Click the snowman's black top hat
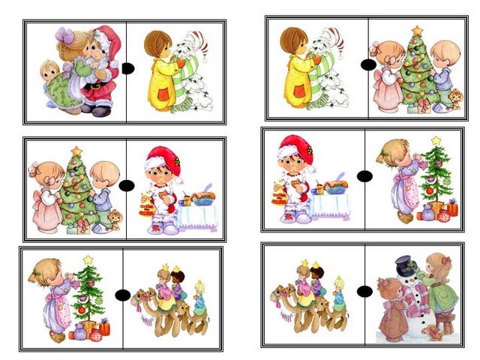tap(404, 265)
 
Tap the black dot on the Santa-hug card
tap(127, 68)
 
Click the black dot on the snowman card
tap(365, 291)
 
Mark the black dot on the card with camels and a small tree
tap(121, 295)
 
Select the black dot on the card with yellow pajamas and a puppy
tap(367, 65)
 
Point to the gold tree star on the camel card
tap(88, 260)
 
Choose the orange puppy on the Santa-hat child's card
tap(115, 218)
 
